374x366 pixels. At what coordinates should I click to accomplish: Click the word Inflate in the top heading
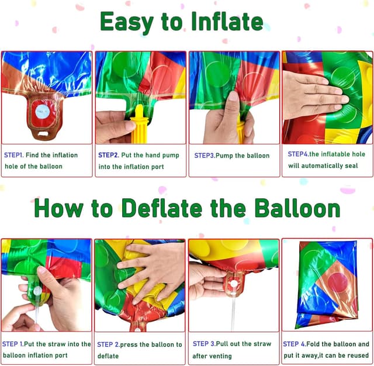click(227, 22)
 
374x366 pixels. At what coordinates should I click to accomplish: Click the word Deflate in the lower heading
click(162, 208)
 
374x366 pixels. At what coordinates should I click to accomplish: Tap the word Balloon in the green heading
click(297, 208)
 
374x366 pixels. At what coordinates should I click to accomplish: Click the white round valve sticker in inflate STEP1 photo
click(43, 111)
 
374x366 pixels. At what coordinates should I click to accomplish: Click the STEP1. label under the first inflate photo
click(14, 155)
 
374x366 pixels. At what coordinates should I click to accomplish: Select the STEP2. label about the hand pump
click(109, 155)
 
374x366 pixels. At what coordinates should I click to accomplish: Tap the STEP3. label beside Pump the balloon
click(205, 156)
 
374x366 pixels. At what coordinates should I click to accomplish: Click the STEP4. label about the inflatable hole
click(298, 154)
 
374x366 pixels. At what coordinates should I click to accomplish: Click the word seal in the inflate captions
click(351, 165)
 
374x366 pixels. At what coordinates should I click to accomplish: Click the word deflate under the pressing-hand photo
click(108, 356)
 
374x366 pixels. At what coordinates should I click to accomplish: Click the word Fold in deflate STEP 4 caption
click(313, 344)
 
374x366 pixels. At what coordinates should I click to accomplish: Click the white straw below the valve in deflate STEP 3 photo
click(233, 313)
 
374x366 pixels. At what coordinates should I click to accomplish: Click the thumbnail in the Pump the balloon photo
click(233, 96)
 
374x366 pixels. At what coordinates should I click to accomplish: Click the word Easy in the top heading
click(127, 22)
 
